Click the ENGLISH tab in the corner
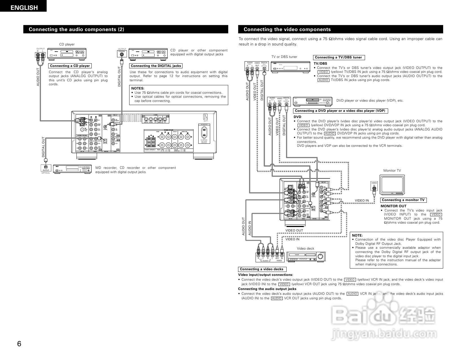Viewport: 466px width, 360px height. pyautogui.click(x=24, y=8)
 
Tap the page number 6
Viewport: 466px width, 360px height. pyautogui.click(x=19, y=344)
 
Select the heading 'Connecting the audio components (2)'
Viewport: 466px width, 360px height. pyautogui.click(x=76, y=29)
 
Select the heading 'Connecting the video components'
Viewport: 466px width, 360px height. pyautogui.click(x=287, y=29)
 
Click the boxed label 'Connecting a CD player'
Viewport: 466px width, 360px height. pyautogui.click(x=70, y=66)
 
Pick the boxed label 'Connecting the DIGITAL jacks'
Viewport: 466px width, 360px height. pyautogui.click(x=156, y=66)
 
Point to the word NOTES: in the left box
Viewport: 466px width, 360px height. pyautogui.click(x=138, y=88)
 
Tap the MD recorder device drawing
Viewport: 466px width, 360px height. pyautogui.click(x=72, y=169)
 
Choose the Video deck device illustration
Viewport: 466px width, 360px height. pyautogui.click(x=306, y=257)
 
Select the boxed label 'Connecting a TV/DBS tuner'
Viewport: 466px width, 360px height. pyautogui.click(x=338, y=57)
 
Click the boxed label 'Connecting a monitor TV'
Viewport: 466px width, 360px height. pyautogui.click(x=403, y=200)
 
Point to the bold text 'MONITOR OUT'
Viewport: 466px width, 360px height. pyautogui.click(x=394, y=206)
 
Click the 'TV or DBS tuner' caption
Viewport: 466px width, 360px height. pyautogui.click(x=284, y=57)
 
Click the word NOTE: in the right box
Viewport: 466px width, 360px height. pyautogui.click(x=357, y=235)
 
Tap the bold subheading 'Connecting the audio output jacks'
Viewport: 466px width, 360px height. pyautogui.click(x=267, y=289)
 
